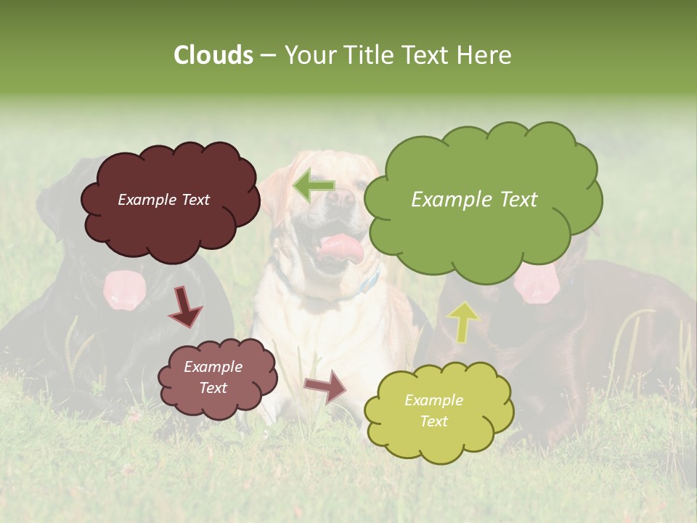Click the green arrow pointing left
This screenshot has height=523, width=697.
point(313,185)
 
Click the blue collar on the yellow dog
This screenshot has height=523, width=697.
point(370,281)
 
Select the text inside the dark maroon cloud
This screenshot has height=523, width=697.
point(163,200)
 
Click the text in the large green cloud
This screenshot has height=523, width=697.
point(474,200)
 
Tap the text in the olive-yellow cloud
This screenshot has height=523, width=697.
point(433,410)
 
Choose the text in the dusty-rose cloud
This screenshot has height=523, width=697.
point(213,377)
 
